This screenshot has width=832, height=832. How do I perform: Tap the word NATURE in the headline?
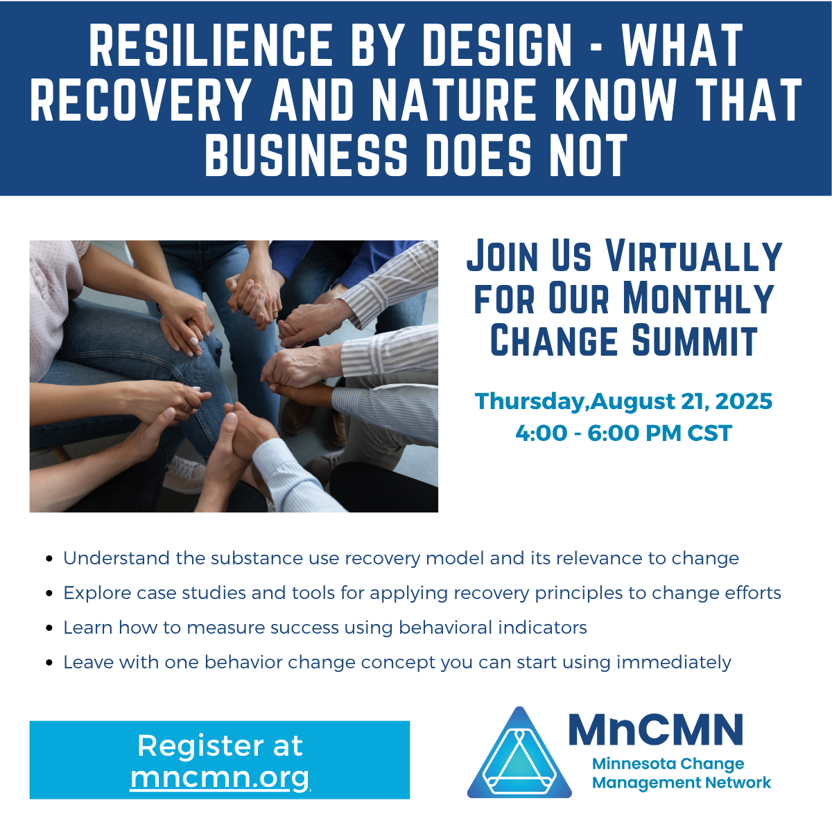point(455,100)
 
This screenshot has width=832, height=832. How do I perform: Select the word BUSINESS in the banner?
point(306,154)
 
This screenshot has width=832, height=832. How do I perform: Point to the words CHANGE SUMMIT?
point(624,341)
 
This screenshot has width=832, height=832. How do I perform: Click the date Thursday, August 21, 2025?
point(623,401)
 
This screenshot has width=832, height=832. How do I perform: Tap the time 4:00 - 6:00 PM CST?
point(623,433)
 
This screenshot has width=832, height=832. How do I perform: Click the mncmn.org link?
point(220,777)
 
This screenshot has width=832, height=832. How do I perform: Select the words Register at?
point(220,746)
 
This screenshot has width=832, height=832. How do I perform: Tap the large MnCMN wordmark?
point(656,729)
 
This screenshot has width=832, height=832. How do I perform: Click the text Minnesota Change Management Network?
point(681,773)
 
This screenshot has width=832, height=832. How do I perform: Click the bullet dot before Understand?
point(49,559)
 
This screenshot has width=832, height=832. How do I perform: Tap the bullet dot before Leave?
point(49,663)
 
